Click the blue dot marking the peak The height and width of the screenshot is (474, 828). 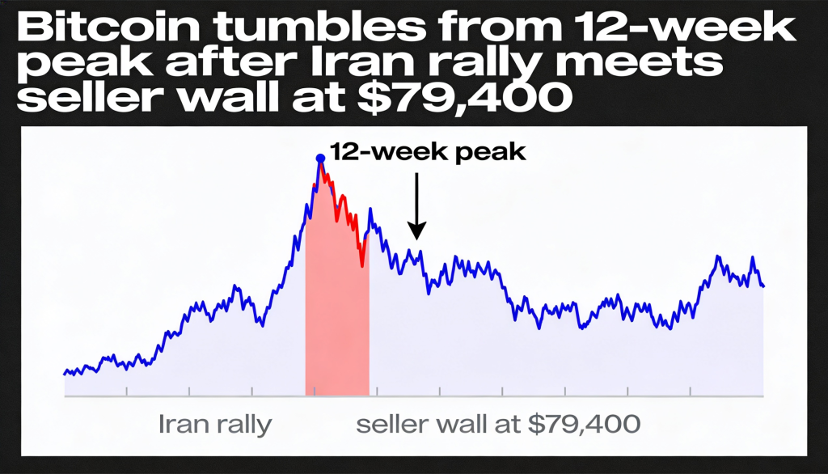click(320, 158)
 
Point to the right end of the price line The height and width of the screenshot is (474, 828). click(763, 286)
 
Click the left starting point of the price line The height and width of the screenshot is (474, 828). click(64, 373)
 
